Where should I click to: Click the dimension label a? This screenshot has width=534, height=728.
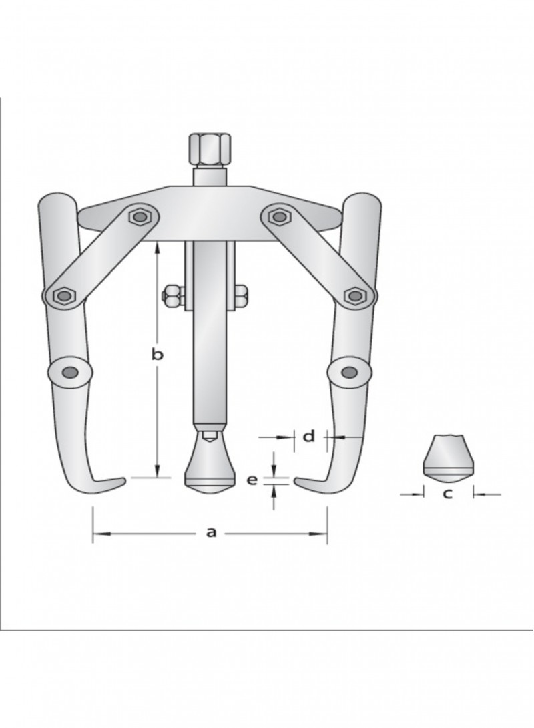coord(211,532)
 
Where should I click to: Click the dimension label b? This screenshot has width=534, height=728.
coord(158,355)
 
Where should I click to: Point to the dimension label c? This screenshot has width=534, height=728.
coord(447,494)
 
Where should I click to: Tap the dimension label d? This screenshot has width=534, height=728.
coord(309,436)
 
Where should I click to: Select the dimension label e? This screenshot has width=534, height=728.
coord(252,480)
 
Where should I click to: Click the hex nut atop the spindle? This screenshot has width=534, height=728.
coord(209,150)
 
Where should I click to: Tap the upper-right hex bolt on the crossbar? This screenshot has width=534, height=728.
coord(278,216)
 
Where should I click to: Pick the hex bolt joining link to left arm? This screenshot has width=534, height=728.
coord(63,295)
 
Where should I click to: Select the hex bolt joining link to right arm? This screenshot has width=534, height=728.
coord(354,295)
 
